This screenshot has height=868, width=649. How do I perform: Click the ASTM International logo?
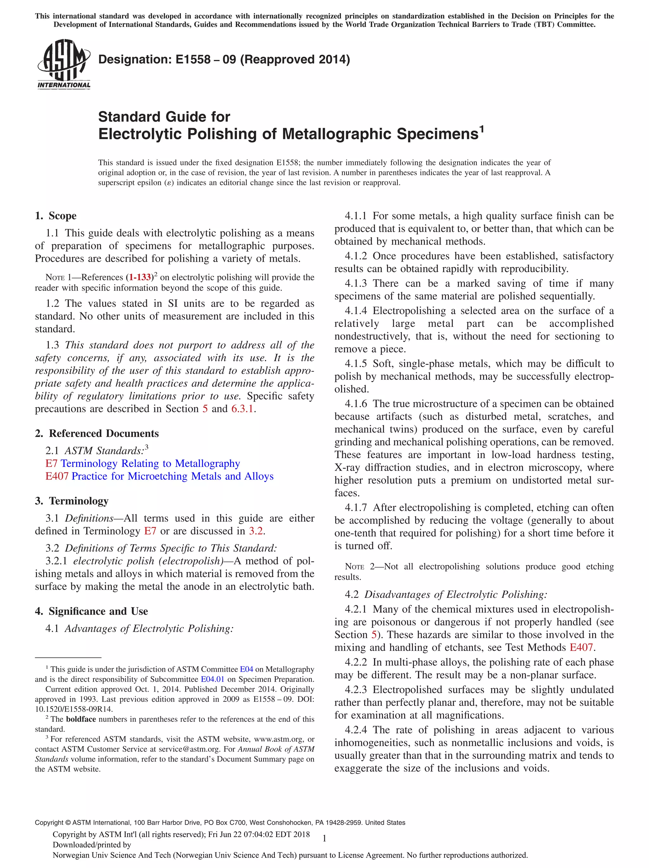64,64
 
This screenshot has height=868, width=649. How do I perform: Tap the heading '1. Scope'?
56,216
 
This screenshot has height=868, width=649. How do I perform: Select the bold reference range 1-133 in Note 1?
140,277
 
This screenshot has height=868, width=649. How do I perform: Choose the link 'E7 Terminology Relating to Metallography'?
143,463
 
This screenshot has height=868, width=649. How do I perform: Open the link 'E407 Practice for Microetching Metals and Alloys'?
159,476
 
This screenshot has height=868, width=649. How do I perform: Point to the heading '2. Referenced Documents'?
97,434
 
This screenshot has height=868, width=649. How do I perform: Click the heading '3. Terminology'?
72,501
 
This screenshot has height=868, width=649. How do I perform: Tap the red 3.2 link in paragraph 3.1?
256,531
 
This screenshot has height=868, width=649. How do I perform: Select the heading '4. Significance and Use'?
91,611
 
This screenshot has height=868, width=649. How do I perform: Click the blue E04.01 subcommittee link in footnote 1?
212,679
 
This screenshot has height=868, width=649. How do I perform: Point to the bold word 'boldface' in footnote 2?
81,719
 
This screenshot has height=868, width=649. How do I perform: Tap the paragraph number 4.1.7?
356,508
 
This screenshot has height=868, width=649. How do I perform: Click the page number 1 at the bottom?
324,839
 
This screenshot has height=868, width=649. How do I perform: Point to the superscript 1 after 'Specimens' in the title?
482,129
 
